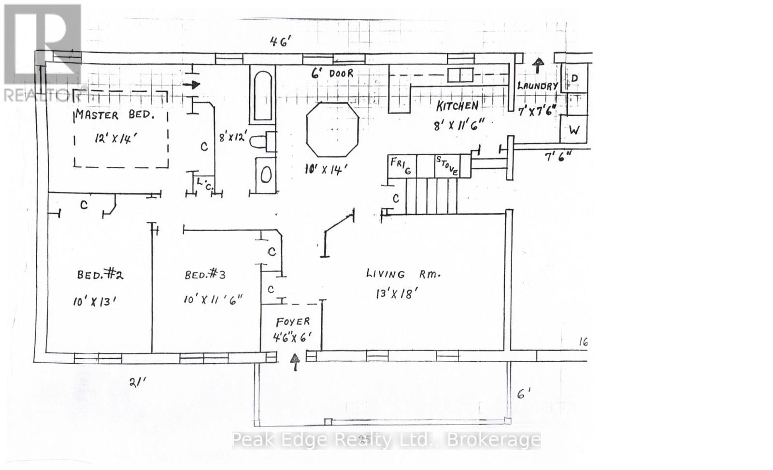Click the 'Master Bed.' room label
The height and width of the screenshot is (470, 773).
point(115,115)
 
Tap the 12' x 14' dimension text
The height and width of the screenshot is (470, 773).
point(115,138)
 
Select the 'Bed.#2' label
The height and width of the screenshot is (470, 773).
point(100,275)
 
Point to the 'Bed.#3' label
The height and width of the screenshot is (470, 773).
point(205,275)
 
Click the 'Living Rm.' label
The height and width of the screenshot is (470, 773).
point(403,274)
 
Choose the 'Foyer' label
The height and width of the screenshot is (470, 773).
point(293,322)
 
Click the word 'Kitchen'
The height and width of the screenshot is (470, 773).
point(457,106)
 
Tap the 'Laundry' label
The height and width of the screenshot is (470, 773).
point(537,86)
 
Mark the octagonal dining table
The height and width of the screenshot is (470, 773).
point(333,129)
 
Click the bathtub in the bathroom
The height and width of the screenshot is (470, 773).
point(262,96)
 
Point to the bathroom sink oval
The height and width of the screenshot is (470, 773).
point(266,175)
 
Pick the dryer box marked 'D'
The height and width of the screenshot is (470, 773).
point(574,78)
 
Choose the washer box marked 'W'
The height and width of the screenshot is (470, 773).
point(574,130)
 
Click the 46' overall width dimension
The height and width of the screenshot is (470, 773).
point(280,42)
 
